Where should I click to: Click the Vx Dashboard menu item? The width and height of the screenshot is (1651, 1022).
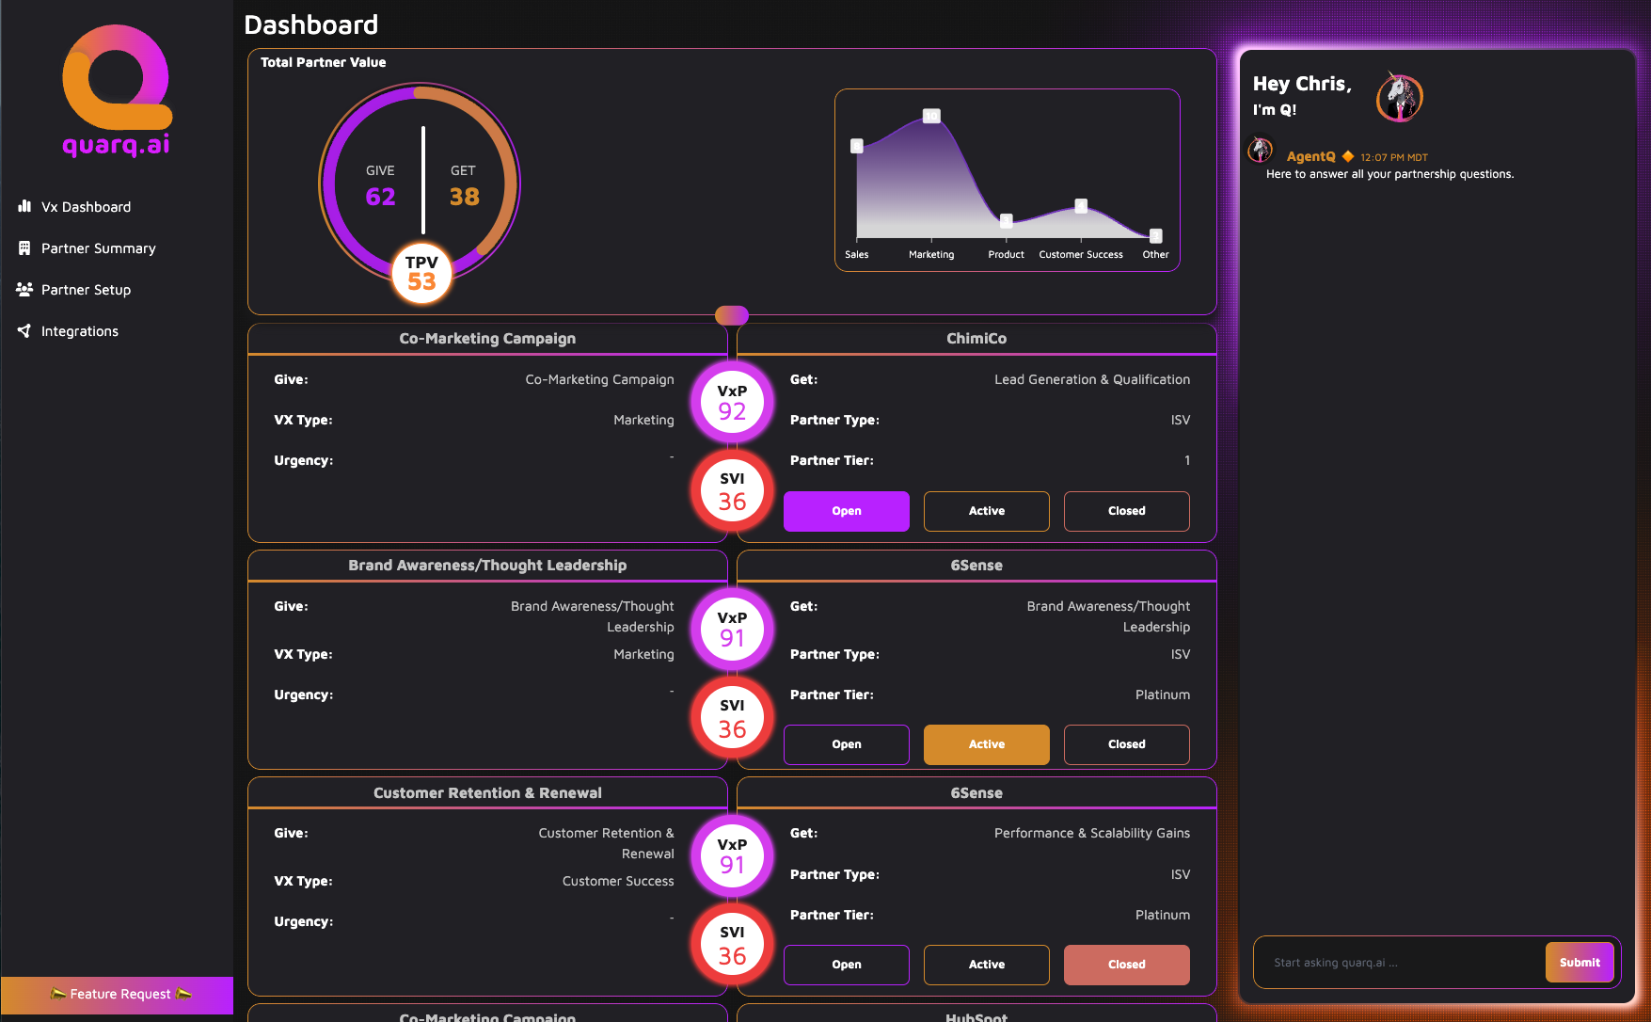coord(85,207)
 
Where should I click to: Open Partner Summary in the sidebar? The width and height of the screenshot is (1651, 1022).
coord(98,248)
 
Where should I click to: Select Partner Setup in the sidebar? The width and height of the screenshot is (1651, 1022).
coord(86,290)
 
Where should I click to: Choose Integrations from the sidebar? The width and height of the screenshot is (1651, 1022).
coord(79,331)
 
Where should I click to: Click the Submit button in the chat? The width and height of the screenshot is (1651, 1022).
coord(1579,963)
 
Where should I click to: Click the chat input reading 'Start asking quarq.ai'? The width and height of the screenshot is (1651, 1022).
coord(1402,963)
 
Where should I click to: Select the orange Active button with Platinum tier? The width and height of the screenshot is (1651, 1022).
coord(986,744)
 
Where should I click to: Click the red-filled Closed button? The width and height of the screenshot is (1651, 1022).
coord(1126,965)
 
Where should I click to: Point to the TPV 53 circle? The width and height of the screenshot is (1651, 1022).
coord(421,274)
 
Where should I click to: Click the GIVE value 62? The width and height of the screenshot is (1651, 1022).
coord(380,197)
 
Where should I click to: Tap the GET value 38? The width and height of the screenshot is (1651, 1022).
coord(464,197)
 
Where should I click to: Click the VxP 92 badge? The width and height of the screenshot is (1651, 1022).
coord(732,403)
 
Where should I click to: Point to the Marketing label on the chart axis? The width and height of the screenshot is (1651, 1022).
coord(931,255)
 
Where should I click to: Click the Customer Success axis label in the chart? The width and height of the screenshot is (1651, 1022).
coord(1080,255)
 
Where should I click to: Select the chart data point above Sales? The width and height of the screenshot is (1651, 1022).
coord(857,146)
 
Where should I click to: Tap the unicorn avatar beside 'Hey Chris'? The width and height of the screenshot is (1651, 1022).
coord(1399,97)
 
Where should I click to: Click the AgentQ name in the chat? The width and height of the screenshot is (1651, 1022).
coord(1310,157)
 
